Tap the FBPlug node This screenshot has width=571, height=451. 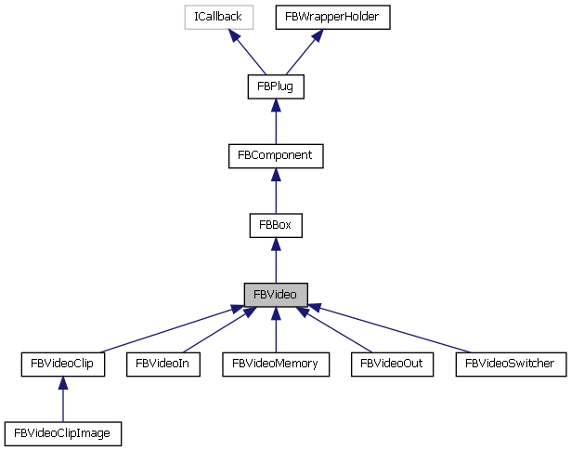[x=276, y=86]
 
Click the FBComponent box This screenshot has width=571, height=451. [x=276, y=156]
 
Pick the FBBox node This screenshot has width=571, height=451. [x=276, y=225]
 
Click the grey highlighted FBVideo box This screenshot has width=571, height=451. [x=276, y=294]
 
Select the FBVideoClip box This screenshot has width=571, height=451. [x=62, y=364]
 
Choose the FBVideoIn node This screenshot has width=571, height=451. [x=162, y=364]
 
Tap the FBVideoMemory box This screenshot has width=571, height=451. [x=276, y=364]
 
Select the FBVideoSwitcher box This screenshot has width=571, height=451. [x=511, y=364]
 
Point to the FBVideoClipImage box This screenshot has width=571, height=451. [x=62, y=432]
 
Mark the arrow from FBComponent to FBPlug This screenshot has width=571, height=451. [x=276, y=122]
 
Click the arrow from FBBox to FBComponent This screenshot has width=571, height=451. [x=276, y=191]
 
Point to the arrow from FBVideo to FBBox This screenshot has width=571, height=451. [x=276, y=259]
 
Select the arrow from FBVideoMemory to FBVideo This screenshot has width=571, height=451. [x=276, y=329]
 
